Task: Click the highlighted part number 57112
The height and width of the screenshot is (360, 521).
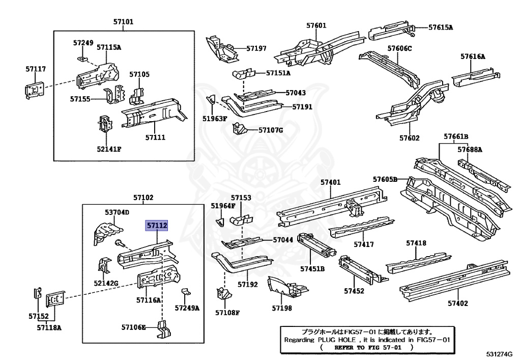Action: tap(157, 226)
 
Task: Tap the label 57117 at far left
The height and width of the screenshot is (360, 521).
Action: tap(36, 68)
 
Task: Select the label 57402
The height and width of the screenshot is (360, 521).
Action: tap(458, 303)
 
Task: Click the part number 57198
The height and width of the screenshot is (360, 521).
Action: tap(282, 308)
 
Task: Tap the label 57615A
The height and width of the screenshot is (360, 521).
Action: tap(440, 27)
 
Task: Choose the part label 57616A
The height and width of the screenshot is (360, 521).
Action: tap(473, 57)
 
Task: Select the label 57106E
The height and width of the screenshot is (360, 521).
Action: tap(133, 327)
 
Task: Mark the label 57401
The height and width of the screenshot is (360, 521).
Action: tap(330, 182)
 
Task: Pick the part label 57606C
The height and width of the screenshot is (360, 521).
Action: tap(399, 48)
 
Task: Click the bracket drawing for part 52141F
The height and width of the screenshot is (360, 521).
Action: tap(104, 126)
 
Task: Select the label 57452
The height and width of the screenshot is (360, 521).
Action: tap(354, 291)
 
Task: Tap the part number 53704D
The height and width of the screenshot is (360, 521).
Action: tap(117, 212)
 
